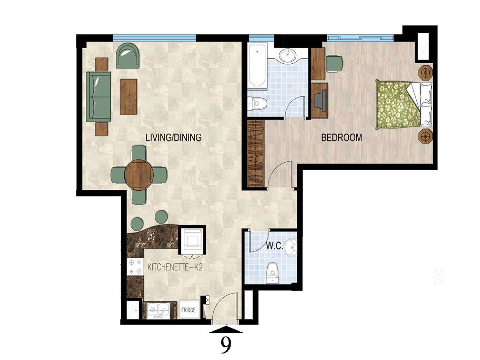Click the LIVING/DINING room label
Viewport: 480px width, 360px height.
tap(173, 138)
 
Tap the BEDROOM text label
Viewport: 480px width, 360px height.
tap(341, 138)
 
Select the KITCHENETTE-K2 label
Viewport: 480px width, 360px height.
tap(175, 267)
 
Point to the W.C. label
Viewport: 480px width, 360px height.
tap(274, 246)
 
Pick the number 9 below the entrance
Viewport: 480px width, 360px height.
tap(226, 345)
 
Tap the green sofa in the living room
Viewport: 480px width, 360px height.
tap(98, 97)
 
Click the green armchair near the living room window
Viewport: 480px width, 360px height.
tap(127, 56)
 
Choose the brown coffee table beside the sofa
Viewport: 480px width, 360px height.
tap(128, 97)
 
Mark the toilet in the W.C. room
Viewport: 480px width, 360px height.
tap(272, 273)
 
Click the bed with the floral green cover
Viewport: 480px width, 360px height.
tap(398, 104)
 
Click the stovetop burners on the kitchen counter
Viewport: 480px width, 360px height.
tap(136, 267)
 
